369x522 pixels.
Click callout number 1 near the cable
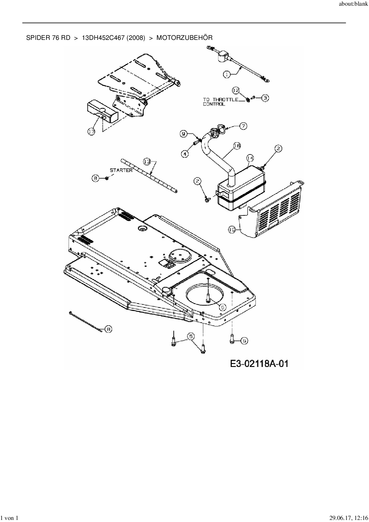[x=227, y=75]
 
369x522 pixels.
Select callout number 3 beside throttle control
[x=265, y=98]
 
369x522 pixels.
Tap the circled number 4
[x=185, y=154]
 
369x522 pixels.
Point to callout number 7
[x=243, y=126]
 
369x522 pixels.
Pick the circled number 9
[x=184, y=134]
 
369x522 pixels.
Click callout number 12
[x=236, y=90]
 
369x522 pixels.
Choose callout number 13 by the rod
[x=147, y=162]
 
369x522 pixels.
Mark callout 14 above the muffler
[x=250, y=158]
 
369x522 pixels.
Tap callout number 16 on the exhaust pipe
[x=237, y=146]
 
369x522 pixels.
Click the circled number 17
[x=91, y=131]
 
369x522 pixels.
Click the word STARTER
[x=121, y=171]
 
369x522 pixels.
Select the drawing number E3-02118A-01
[x=259, y=363]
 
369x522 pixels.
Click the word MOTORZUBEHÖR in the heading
[x=185, y=38]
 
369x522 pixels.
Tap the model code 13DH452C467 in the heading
[x=103, y=38]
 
